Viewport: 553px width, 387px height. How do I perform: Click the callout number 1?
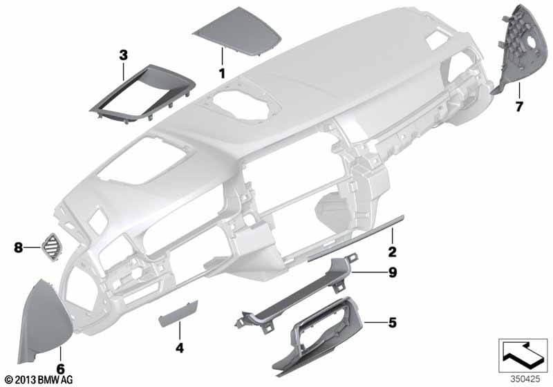click(222, 73)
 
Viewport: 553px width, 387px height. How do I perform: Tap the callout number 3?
click(123, 53)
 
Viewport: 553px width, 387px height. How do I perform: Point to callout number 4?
click(180, 348)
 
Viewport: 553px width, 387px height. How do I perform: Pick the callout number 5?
click(392, 323)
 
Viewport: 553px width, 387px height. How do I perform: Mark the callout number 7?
click(518, 106)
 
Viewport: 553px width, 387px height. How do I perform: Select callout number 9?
click(392, 272)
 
